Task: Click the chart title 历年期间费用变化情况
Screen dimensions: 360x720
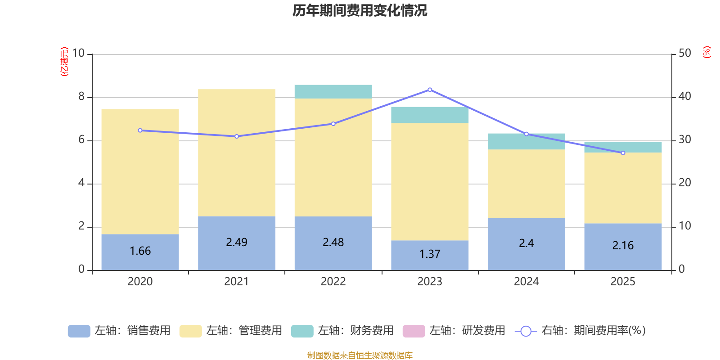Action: (360, 10)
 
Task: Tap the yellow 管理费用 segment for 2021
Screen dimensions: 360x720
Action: (237, 153)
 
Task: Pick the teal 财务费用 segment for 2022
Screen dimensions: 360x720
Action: (333, 91)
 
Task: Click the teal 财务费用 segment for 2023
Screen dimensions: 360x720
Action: (430, 115)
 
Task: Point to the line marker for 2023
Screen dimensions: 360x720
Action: (430, 90)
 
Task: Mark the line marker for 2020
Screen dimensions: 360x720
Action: (140, 130)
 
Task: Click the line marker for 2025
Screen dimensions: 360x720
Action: (623, 153)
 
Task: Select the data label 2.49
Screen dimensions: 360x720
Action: (237, 243)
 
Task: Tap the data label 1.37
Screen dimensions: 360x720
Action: (430, 254)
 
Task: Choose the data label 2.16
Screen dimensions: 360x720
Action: (623, 246)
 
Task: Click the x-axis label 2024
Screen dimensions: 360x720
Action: (526, 282)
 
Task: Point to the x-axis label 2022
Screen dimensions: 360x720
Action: (333, 282)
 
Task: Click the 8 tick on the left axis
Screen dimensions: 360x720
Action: (81, 96)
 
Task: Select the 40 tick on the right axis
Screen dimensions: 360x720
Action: (684, 96)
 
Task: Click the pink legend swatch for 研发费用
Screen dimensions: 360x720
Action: (414, 331)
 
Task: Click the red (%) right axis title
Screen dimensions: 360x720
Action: (707, 52)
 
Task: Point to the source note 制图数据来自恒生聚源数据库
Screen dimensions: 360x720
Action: (360, 355)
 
